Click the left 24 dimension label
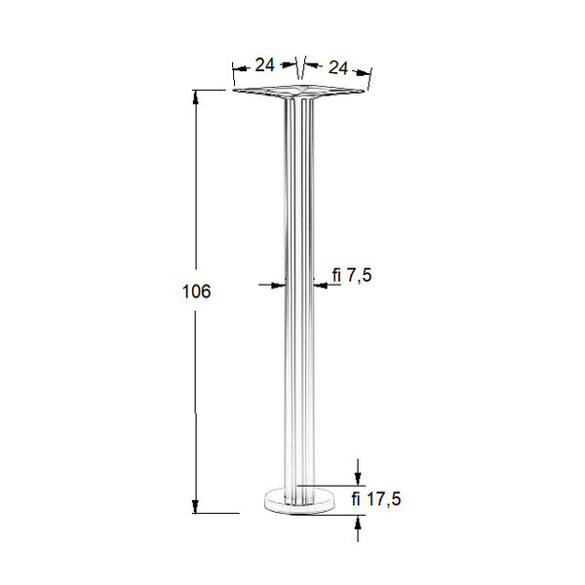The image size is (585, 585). click(x=264, y=65)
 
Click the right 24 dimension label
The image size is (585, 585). click(x=338, y=68)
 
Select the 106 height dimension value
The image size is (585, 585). click(x=197, y=292)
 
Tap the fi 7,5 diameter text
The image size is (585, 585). click(x=352, y=277)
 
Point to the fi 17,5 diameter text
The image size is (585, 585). click(x=376, y=499)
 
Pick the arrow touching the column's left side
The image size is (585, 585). click(x=277, y=284)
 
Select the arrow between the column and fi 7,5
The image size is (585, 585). click(x=320, y=284)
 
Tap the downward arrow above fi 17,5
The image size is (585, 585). click(x=359, y=477)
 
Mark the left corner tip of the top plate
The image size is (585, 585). click(x=236, y=93)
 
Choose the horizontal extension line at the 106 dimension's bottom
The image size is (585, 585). click(x=220, y=512)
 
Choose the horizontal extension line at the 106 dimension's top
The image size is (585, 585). click(x=214, y=91)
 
